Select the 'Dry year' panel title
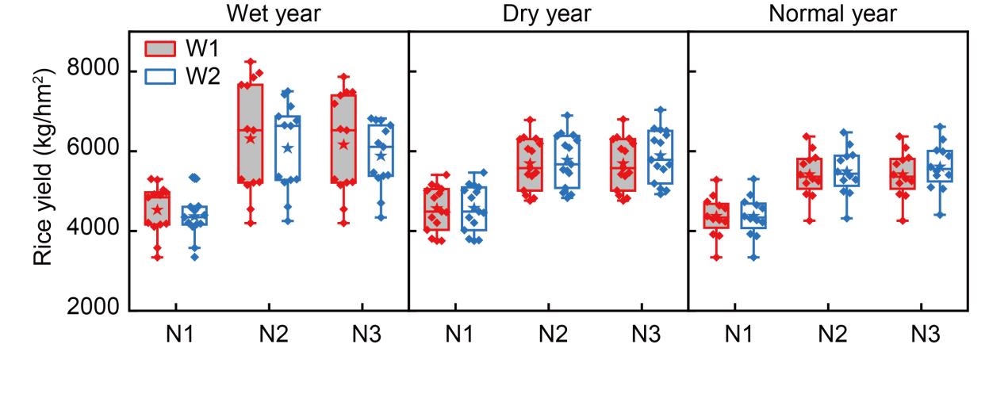point(548,14)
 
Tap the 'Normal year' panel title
point(829,14)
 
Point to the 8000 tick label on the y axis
point(93,71)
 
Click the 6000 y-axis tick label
point(93,151)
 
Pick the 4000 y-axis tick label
point(93,231)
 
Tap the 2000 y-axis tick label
point(93,310)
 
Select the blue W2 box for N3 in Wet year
point(381,151)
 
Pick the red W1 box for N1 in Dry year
point(436,209)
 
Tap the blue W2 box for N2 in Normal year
point(848,169)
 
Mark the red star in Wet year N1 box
point(157,210)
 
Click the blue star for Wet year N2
point(288,148)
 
